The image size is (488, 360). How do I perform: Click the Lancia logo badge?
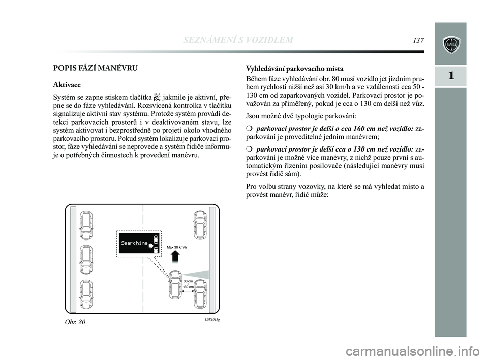point(451,44)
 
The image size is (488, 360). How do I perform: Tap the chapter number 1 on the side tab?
point(451,76)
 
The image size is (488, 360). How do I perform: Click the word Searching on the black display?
point(134,243)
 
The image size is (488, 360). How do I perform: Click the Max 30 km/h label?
point(177,247)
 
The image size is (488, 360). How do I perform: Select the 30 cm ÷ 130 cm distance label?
point(189,284)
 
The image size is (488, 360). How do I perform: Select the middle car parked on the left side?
point(87,259)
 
